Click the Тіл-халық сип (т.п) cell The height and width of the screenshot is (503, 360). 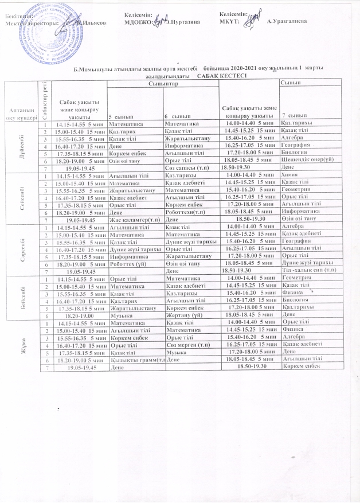coord(310,270)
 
